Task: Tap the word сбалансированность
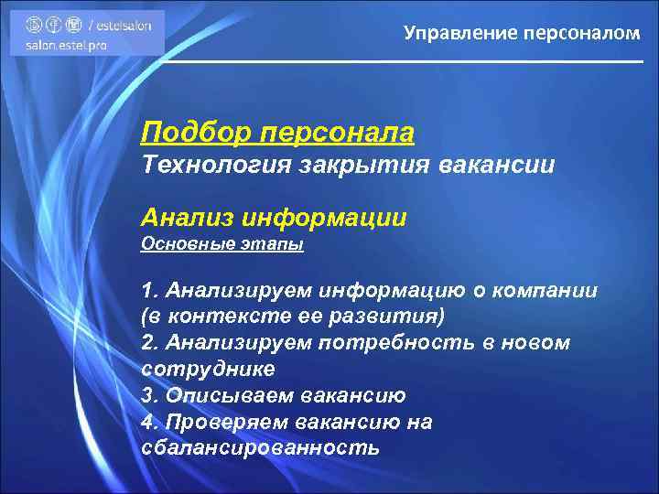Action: click(261, 449)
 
